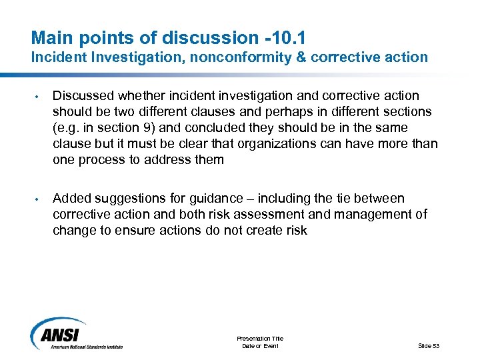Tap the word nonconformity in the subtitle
click(236, 57)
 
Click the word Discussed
click(81, 96)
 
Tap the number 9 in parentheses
click(136, 127)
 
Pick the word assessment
click(293, 215)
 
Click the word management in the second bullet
click(374, 215)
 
